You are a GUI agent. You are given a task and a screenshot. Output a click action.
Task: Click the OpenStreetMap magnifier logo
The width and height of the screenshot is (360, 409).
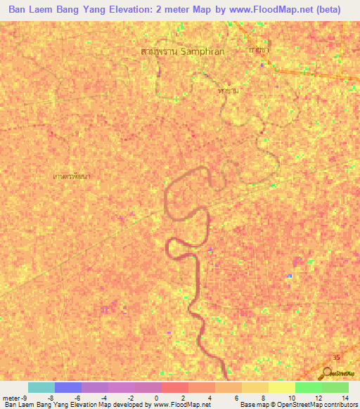[x=329, y=373]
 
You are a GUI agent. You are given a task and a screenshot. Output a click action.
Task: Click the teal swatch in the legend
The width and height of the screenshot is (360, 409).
[x=41, y=388]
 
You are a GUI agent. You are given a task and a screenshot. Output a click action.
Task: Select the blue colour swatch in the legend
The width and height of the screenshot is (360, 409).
[x=68, y=388]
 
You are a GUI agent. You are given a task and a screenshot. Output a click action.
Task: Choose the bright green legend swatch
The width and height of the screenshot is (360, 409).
[x=309, y=388]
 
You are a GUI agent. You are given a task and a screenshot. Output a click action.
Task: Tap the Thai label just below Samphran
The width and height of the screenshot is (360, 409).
[x=227, y=91]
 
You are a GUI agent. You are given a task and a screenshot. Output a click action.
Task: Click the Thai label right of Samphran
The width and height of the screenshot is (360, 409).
[x=259, y=51]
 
